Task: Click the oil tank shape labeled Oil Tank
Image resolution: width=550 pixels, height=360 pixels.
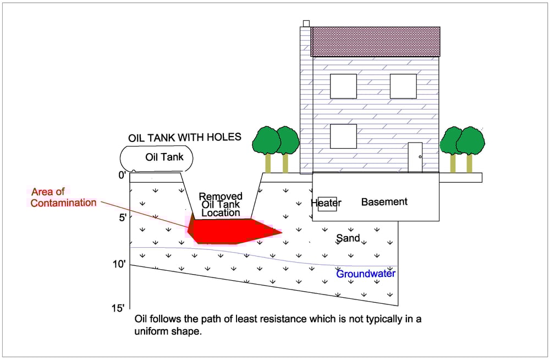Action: pos(158,157)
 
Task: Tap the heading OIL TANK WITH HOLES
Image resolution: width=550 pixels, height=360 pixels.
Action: pos(184,137)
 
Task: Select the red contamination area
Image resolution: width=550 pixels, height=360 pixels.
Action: pos(231,231)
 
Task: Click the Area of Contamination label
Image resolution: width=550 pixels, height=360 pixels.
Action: pos(63,198)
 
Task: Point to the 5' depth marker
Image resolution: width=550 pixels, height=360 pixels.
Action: pos(122,217)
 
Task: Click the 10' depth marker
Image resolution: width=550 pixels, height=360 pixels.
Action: pos(119,264)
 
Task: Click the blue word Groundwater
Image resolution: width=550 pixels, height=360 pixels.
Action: pos(366,274)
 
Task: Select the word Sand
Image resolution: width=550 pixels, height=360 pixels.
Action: pos(348,238)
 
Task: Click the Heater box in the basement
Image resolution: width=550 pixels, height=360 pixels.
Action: pos(327,204)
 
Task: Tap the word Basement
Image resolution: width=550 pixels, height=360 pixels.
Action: pos(384,202)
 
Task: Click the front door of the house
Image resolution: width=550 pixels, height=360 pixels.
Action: pos(415,157)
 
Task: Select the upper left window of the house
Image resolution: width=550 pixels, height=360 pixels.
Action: pos(343,86)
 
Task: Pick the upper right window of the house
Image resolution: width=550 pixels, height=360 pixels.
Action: pos(403,86)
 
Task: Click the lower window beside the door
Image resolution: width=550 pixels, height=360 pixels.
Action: pos(343,136)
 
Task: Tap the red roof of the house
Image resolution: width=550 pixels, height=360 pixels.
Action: pos(376,41)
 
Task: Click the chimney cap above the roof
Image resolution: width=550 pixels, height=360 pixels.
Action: pos(306,23)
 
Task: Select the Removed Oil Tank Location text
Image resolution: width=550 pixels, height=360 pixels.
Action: pos(221,204)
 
